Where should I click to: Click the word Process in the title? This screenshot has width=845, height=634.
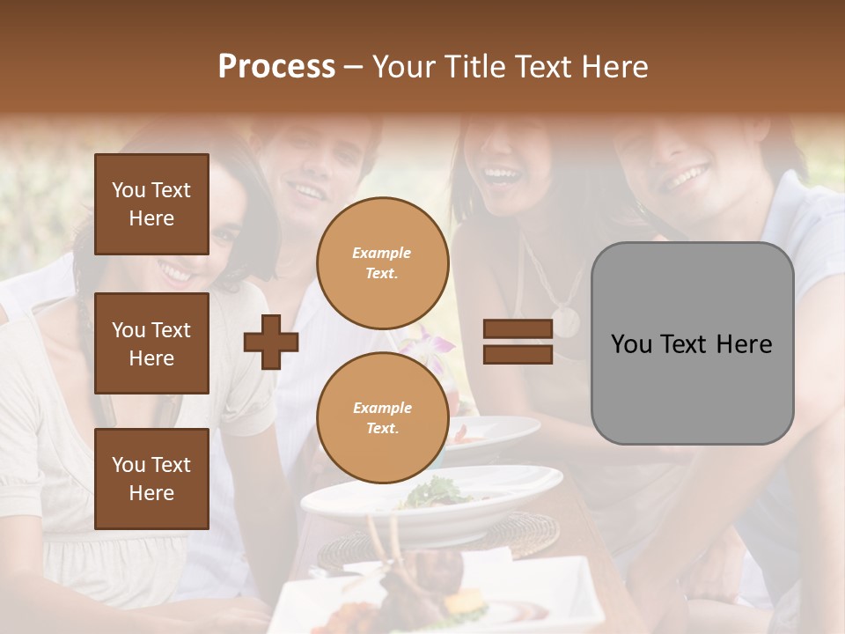[276, 67]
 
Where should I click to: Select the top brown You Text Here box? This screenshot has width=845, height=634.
[151, 204]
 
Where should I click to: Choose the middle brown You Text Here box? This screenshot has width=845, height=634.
[151, 343]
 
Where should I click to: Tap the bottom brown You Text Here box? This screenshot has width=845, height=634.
[151, 478]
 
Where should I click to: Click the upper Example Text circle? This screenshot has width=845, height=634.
[382, 263]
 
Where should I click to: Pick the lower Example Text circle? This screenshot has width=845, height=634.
[382, 418]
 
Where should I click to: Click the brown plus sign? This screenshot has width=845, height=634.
[271, 343]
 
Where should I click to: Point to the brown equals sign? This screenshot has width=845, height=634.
[518, 342]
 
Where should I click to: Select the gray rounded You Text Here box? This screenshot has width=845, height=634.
[692, 343]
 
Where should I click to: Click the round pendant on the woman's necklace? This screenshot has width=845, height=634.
[565, 322]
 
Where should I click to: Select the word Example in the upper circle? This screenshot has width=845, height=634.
[381, 254]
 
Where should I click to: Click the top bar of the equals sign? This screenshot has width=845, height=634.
[518, 329]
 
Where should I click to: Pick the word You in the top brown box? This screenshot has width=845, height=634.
[129, 190]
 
